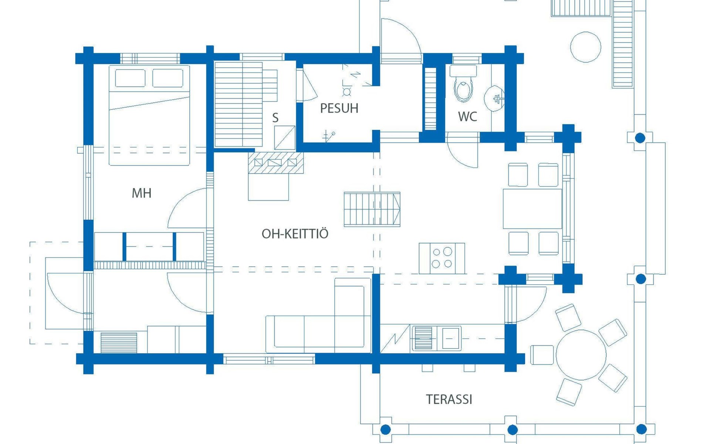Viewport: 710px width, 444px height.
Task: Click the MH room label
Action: pyautogui.click(x=141, y=193)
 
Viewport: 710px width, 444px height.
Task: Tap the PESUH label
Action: pyautogui.click(x=339, y=108)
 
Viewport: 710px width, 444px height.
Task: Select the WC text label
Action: pyautogui.click(x=467, y=117)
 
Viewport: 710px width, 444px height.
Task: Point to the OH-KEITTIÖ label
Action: pyautogui.click(x=295, y=233)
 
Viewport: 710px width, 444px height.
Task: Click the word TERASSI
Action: pyautogui.click(x=449, y=400)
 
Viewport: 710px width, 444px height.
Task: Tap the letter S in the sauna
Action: pyautogui.click(x=275, y=118)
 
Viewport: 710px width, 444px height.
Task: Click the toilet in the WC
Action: pyautogui.click(x=463, y=84)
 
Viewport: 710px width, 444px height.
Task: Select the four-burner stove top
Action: pyautogui.click(x=442, y=258)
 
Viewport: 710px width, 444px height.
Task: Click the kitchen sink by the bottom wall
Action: pyautogui.click(x=436, y=338)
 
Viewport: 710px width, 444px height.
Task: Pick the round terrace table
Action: pyautogui.click(x=581, y=355)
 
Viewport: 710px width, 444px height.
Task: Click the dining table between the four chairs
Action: pyautogui.click(x=532, y=209)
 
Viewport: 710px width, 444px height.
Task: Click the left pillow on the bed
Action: pyautogui.click(x=130, y=78)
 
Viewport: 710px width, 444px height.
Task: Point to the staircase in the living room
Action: pyautogui.click(x=372, y=209)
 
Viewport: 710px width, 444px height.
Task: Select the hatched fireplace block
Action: pyautogui.click(x=276, y=162)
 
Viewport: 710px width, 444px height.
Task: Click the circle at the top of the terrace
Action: pyautogui.click(x=585, y=47)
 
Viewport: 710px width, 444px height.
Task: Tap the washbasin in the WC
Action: pyautogui.click(x=494, y=99)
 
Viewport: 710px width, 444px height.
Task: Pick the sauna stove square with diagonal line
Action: pyautogui.click(x=285, y=138)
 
